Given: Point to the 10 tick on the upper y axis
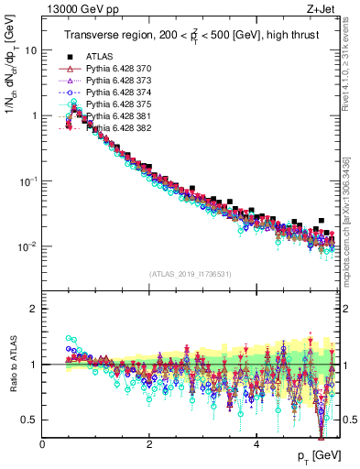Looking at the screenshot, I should tap(32, 50).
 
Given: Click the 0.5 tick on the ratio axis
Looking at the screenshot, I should tap(30, 420).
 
